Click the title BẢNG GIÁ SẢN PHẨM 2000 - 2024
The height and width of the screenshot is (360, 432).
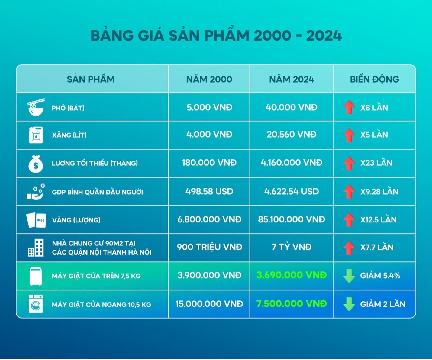216,36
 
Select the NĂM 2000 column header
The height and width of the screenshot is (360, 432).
209,79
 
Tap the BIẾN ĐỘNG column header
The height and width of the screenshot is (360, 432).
374,79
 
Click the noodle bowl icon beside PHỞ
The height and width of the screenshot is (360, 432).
36,107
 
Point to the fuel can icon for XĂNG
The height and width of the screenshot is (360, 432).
36,135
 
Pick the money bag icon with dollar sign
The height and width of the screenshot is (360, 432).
36,164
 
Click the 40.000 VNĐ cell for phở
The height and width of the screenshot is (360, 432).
292,108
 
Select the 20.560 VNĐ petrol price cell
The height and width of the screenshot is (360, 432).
292,135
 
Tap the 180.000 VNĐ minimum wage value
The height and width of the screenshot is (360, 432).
209,163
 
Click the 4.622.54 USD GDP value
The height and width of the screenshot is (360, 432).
292,191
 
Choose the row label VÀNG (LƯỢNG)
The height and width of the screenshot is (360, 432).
76,220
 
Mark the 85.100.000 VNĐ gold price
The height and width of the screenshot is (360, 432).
292,219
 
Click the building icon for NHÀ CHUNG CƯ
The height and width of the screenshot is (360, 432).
36,248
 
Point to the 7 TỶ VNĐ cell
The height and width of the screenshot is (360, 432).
292,247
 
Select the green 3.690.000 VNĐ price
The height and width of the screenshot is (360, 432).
292,275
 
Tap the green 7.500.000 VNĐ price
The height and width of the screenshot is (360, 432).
292,304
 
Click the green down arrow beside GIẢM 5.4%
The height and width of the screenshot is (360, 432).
349,276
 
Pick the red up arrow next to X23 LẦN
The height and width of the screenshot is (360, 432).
349,163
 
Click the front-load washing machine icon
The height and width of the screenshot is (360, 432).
36,304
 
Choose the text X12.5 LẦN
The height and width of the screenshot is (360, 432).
378,220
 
